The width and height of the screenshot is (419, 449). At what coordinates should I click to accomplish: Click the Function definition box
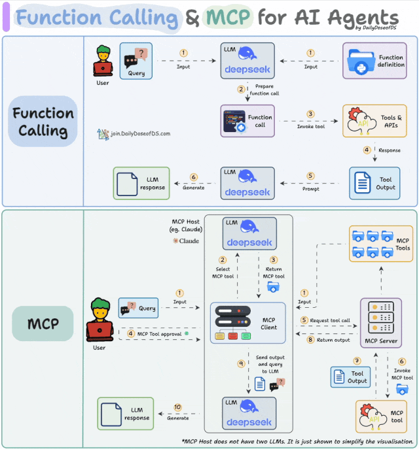pyautogui.click(x=374, y=61)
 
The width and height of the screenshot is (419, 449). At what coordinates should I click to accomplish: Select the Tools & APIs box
pyautogui.click(x=374, y=121)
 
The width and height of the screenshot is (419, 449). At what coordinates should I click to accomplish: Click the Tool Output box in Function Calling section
pyautogui.click(x=374, y=183)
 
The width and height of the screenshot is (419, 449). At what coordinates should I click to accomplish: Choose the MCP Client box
pyautogui.click(x=247, y=323)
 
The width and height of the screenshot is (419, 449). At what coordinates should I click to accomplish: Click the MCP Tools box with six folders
pyautogui.click(x=380, y=244)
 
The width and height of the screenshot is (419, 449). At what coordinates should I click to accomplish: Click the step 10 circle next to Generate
pyautogui.click(x=178, y=407)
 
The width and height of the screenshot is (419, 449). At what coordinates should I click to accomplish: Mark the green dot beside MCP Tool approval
pyautogui.click(x=187, y=334)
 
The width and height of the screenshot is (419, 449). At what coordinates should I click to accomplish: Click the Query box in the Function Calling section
pyautogui.click(x=136, y=60)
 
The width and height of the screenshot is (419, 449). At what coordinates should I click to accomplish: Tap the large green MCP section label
pyautogui.click(x=43, y=324)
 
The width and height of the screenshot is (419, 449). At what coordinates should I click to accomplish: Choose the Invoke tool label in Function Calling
pyautogui.click(x=311, y=126)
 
